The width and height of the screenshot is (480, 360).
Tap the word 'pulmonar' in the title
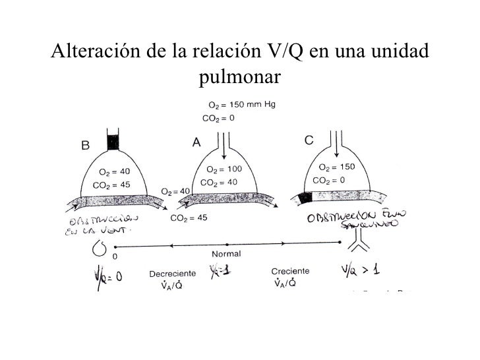[239, 78]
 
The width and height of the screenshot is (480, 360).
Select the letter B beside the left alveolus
[86, 146]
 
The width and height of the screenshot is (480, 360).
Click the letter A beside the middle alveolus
[196, 142]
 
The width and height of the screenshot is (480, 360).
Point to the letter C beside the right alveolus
[308, 140]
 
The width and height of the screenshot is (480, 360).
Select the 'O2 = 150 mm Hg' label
[241, 105]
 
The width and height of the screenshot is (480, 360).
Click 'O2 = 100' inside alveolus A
[224, 169]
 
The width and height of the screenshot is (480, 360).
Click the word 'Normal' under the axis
[226, 253]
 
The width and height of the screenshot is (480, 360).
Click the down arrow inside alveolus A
[225, 150]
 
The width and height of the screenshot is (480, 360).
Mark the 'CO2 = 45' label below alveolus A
[190, 218]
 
